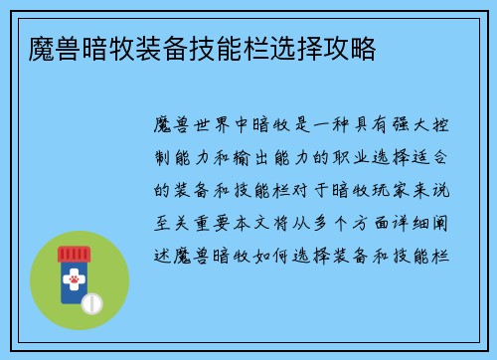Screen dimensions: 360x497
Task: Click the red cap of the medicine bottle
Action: (75, 255)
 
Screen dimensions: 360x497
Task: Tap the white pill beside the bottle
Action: (90, 299)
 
